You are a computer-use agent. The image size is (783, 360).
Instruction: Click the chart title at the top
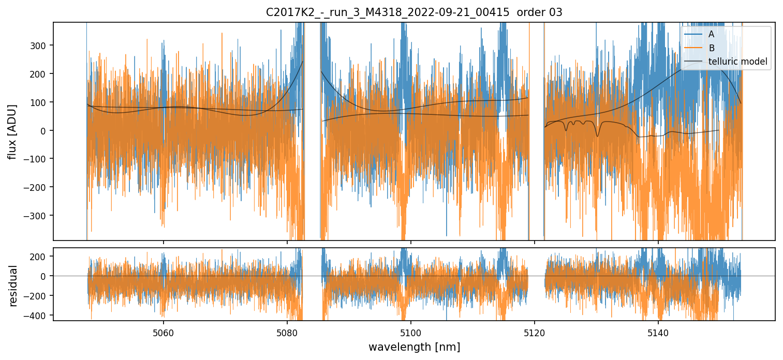coord(414,12)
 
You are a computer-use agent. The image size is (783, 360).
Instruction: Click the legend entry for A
coord(712,34)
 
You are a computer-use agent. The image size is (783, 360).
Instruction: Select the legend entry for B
coord(712,48)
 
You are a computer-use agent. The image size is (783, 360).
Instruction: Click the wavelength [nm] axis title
coord(414,347)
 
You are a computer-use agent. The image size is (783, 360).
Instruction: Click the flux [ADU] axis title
coord(12,131)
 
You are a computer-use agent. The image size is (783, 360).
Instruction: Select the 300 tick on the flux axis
coord(40,46)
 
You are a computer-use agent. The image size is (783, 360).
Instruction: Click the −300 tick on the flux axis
coord(38,215)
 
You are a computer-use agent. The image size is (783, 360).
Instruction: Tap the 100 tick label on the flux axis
coord(40,102)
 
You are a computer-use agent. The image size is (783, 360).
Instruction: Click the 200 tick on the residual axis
coord(40,257)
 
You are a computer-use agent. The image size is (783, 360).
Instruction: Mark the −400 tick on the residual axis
coord(38,315)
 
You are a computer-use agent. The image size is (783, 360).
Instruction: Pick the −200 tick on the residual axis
coord(38,296)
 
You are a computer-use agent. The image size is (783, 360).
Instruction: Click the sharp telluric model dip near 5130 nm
coord(597,136)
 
